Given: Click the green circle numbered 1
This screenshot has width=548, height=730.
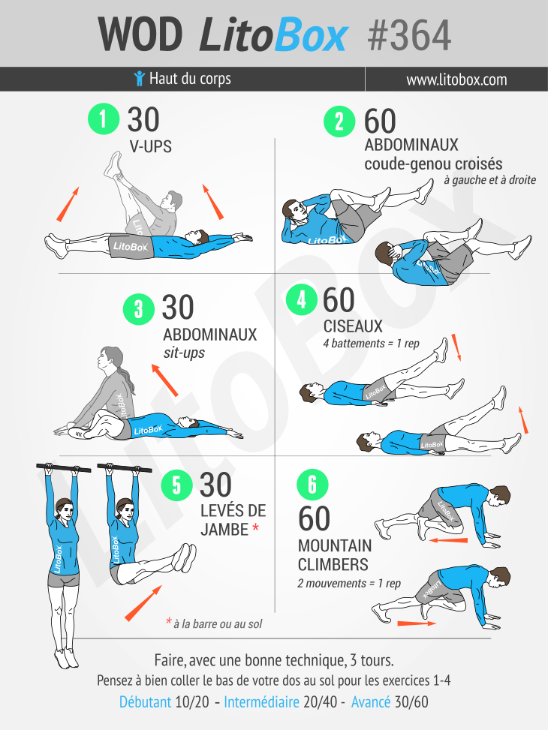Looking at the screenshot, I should (104, 120).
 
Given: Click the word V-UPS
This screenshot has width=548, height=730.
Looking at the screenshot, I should (151, 146).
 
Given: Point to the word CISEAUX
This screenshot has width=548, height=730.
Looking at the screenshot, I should (353, 326).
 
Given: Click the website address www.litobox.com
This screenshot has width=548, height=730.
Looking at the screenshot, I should (456, 80).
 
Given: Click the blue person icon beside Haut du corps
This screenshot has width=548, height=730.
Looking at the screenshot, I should (138, 78).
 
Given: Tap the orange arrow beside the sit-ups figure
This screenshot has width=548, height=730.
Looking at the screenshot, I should (164, 380).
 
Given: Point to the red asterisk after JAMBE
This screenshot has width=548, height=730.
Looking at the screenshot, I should (255, 530).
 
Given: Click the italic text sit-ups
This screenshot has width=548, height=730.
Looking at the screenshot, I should (184, 351).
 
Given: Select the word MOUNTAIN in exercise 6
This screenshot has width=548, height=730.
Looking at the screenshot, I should (335, 545).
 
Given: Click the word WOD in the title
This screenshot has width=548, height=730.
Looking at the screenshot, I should (140, 35).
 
